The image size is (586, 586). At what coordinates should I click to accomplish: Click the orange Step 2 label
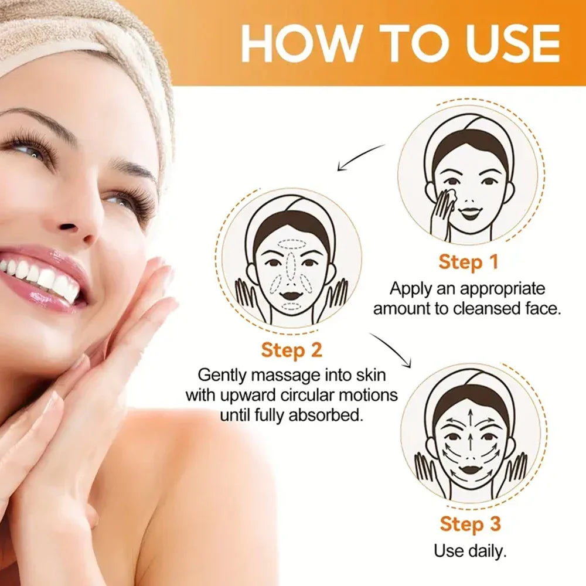tap(291, 350)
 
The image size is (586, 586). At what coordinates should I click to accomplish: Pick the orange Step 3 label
tap(470, 524)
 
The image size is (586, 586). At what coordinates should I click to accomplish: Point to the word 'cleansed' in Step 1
tap(485, 309)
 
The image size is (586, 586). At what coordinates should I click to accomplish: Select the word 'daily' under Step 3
tap(486, 551)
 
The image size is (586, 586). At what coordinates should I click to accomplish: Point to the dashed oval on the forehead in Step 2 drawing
tap(292, 244)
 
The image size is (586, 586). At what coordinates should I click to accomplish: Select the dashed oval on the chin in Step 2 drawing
tap(291, 306)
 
